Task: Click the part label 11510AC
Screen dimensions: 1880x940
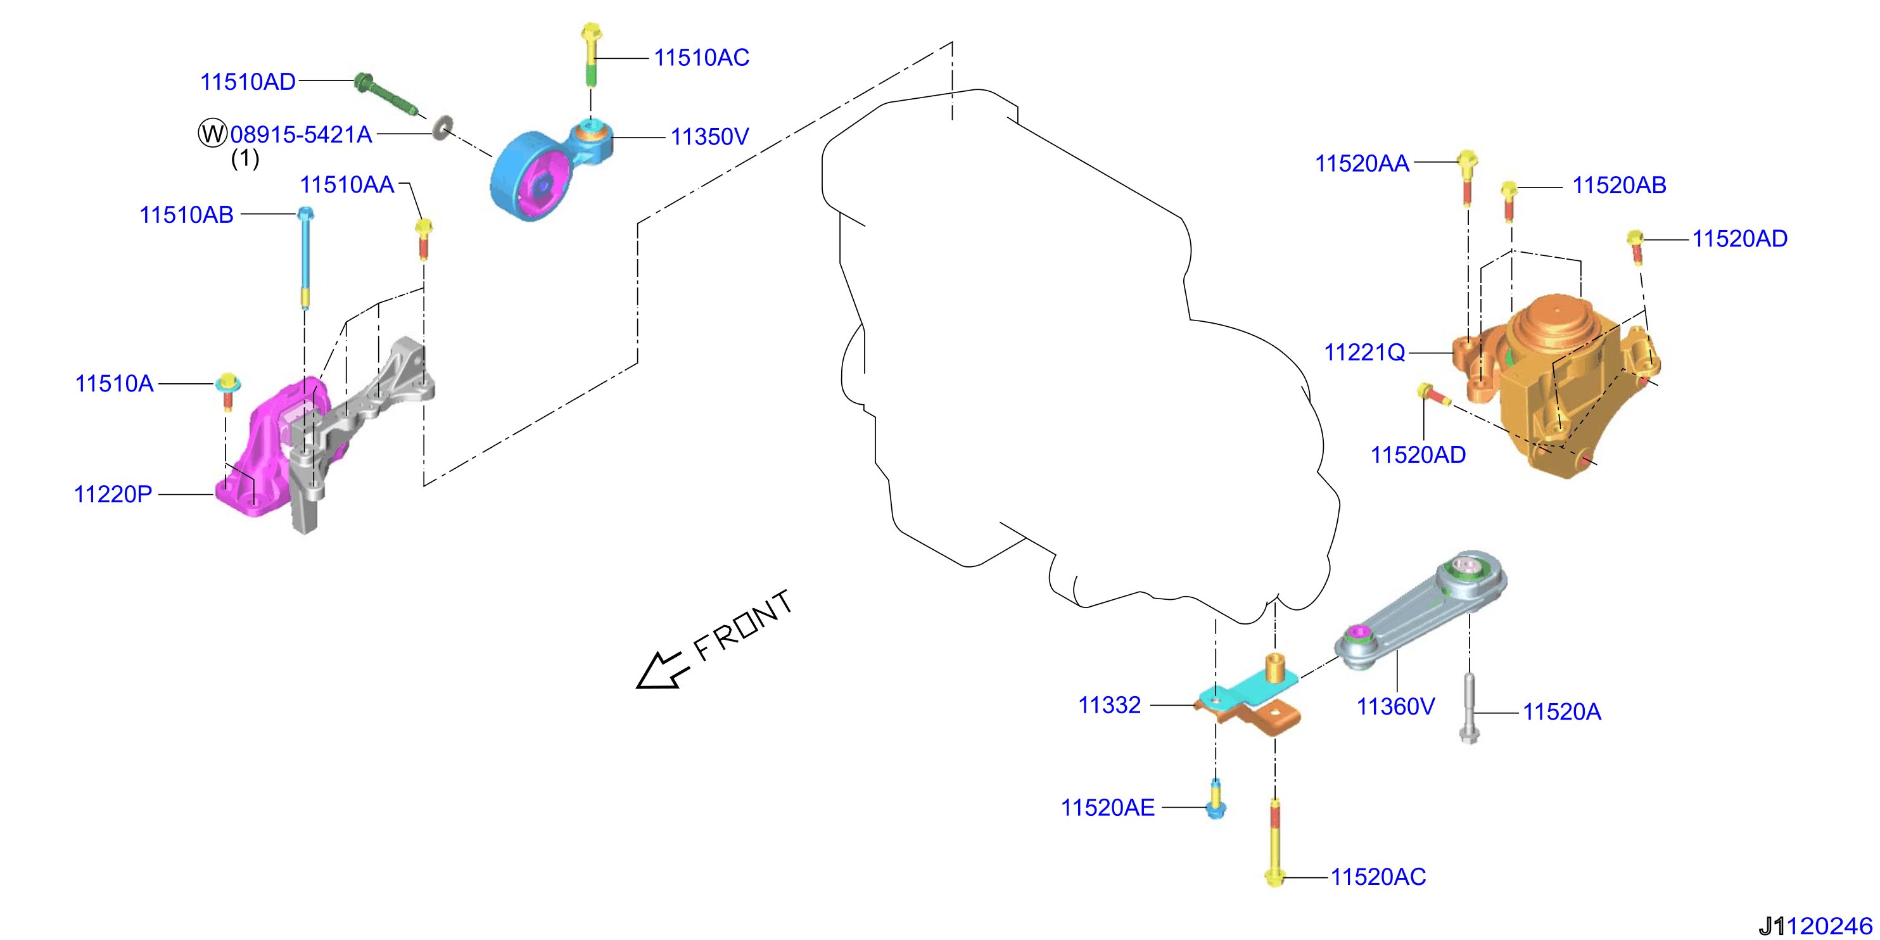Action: (x=701, y=58)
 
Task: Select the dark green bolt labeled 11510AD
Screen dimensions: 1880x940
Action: (x=386, y=95)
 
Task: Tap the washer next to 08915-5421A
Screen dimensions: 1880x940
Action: (x=441, y=128)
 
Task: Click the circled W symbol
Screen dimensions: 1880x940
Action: (x=212, y=134)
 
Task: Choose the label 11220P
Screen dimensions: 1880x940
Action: (x=113, y=494)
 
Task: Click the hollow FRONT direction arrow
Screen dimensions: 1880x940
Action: (x=662, y=670)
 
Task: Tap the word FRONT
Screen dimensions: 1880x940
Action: (x=743, y=625)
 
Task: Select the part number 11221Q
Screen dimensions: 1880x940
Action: (x=1364, y=352)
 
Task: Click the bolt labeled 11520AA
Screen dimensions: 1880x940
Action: (x=1467, y=177)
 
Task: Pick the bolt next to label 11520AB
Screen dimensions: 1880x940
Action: (x=1509, y=201)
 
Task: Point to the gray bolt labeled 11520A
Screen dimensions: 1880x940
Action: (x=1468, y=709)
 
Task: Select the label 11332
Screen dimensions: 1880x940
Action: (x=1109, y=705)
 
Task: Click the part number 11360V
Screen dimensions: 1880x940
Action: (x=1395, y=706)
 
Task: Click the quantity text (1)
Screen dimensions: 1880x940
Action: (x=245, y=158)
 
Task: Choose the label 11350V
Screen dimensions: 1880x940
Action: (x=709, y=136)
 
